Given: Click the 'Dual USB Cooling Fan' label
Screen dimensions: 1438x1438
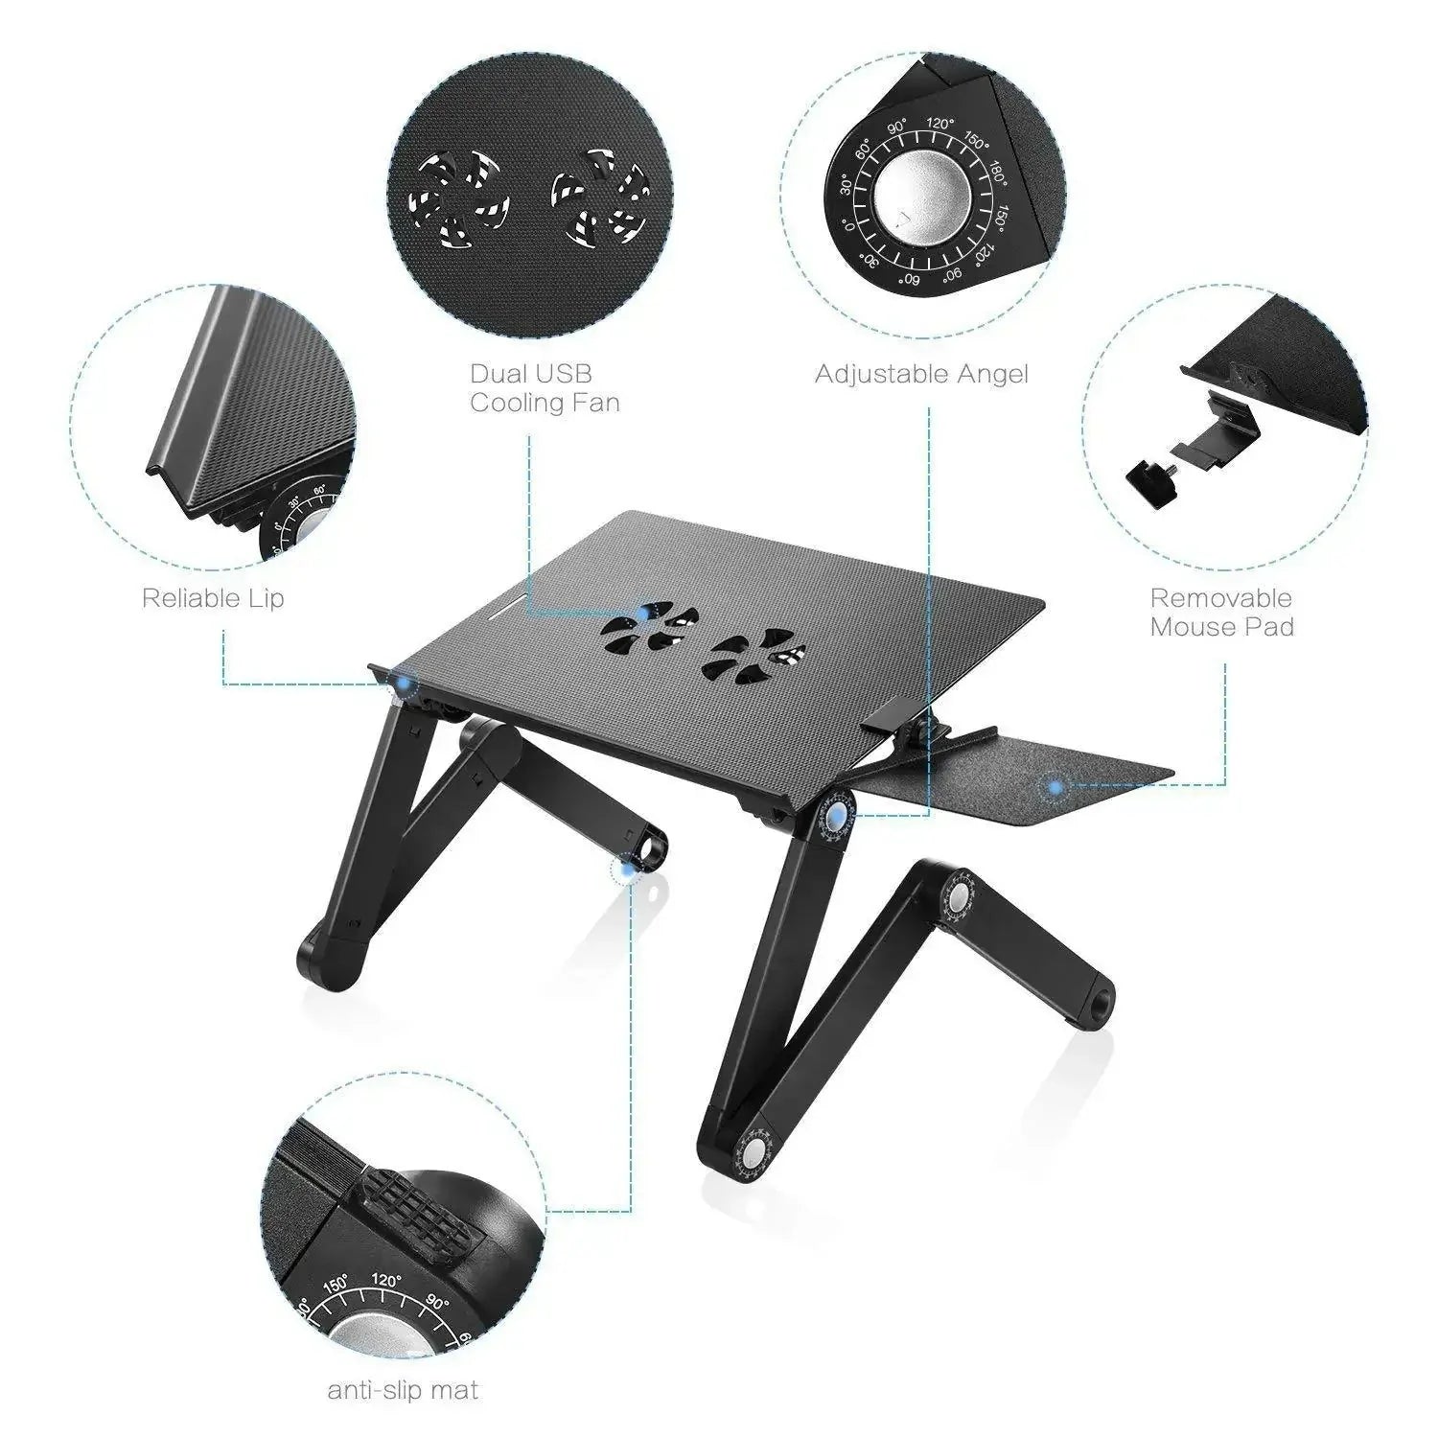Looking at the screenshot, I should coord(545,387).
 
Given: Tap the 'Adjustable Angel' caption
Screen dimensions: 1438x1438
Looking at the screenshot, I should coord(921,374).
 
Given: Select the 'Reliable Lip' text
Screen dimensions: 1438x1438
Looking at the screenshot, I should coord(213,598).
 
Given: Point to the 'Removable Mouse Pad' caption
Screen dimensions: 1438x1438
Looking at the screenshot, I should coord(1222,613).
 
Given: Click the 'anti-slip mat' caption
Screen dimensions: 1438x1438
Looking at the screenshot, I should coord(403,1389).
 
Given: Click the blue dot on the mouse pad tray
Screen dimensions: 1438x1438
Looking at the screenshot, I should coord(1055,787).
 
